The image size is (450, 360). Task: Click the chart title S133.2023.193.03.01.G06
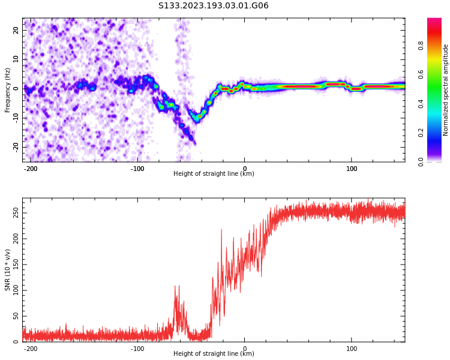point(213,5)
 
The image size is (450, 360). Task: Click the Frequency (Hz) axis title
point(7,90)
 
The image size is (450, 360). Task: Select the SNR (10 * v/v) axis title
point(7,270)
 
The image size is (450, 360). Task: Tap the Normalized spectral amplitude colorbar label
point(445,90)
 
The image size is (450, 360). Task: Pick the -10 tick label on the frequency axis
point(16,118)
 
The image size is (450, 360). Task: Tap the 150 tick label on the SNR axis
point(16,265)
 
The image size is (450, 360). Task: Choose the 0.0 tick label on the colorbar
point(421,162)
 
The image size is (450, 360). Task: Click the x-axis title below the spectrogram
point(214,173)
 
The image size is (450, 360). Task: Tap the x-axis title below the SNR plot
point(214,353)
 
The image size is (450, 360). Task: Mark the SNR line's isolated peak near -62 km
point(175,286)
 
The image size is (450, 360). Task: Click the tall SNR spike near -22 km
point(221,229)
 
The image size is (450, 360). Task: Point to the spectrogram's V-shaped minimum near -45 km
point(197,121)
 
